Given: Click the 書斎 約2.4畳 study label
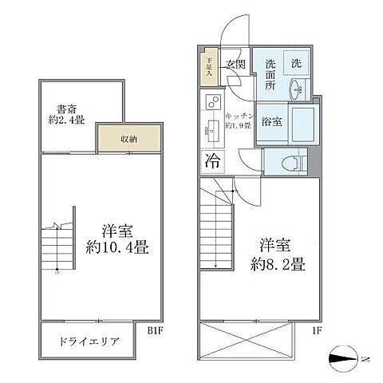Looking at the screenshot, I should pos(67,116).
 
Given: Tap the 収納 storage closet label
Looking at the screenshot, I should pos(128,139).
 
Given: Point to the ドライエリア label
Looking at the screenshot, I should pos(89,342).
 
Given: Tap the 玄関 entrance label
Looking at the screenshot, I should pos(235,65).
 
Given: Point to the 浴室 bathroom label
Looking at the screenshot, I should pos(270,122).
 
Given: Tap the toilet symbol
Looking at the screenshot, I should pos(294,161).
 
